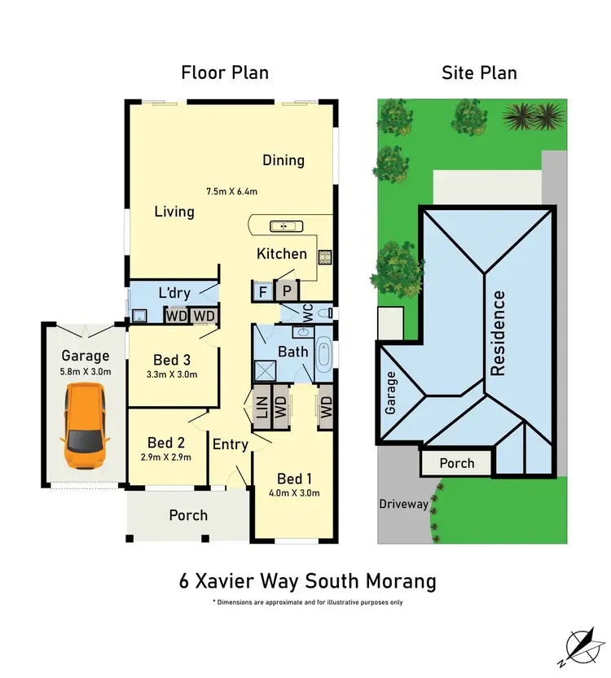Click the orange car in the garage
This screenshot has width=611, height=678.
pos(85,426)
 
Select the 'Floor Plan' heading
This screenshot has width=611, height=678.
pos(225,73)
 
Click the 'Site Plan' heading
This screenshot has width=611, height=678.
pos(479,73)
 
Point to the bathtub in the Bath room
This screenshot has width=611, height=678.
pos(323,356)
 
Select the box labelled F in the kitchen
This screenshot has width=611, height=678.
pos(262,291)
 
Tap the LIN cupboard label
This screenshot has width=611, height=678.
pos(262,406)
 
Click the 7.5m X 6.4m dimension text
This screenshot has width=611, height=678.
pos(231,192)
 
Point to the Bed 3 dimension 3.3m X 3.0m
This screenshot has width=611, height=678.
pos(171,374)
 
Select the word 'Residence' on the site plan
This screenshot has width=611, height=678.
pos(498,333)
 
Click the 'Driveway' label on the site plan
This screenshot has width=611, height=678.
pos(403,504)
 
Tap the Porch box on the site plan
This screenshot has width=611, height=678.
pos(457,463)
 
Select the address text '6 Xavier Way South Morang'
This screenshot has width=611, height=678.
pos(307,582)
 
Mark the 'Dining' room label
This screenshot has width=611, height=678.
pos(284,160)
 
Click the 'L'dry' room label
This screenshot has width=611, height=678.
pos(174,291)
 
